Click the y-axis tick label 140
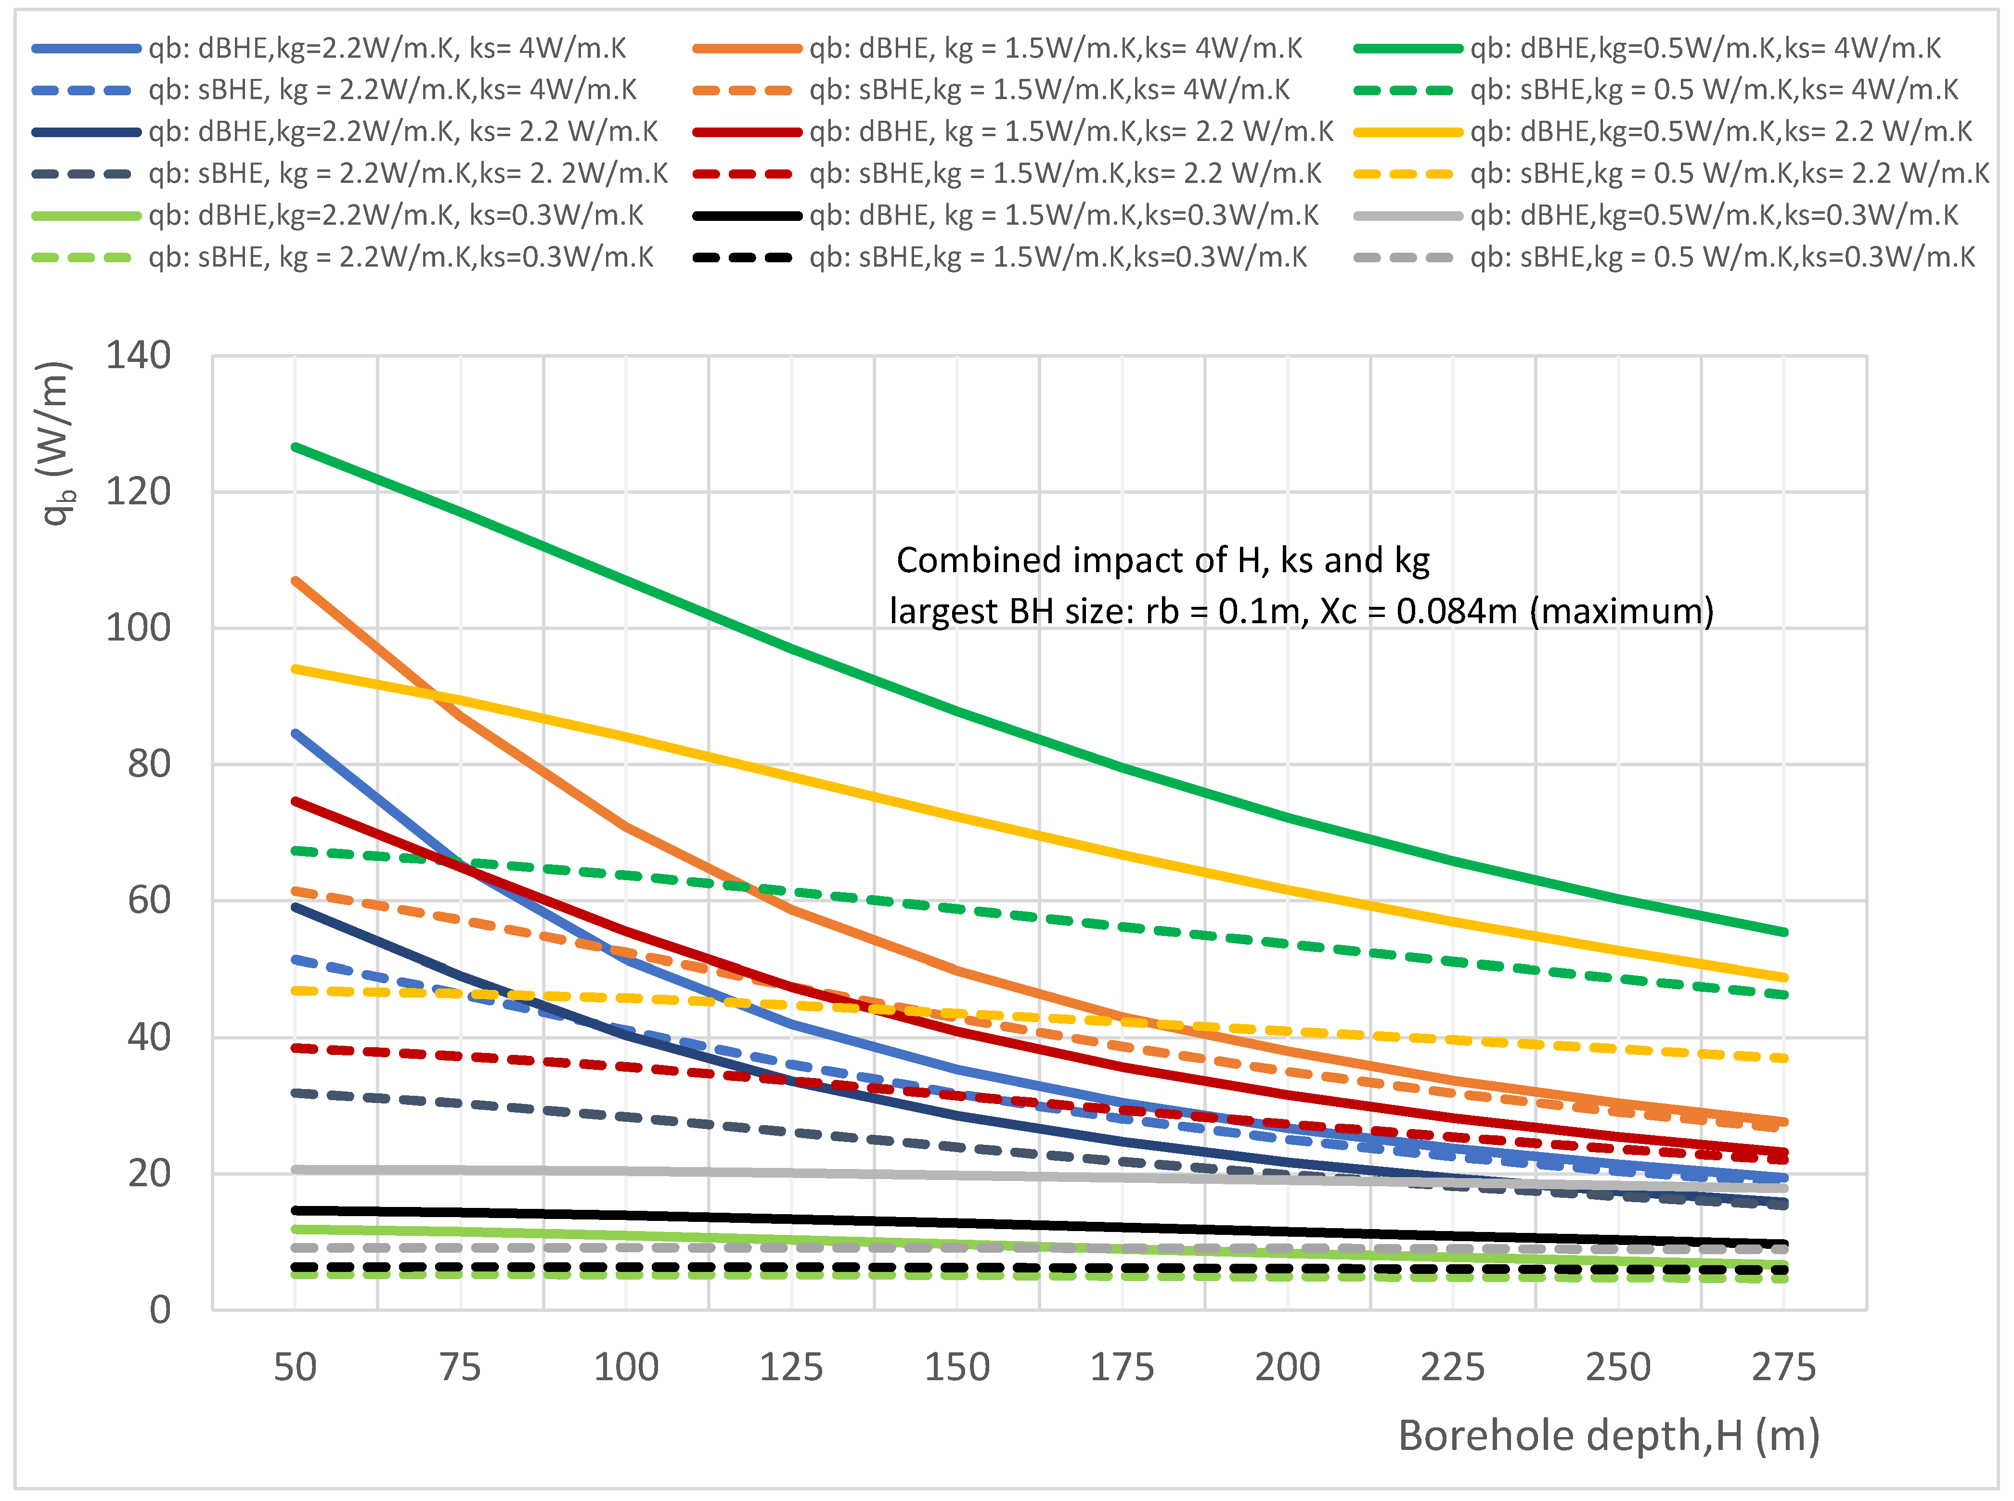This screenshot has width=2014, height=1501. (x=138, y=356)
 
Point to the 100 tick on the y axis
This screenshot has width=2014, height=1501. (x=138, y=628)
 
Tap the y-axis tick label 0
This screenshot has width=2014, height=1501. (x=160, y=1310)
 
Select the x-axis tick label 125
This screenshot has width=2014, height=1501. (x=791, y=1367)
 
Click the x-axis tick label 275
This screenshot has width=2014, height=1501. (x=1783, y=1367)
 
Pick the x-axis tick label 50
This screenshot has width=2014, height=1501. (x=296, y=1367)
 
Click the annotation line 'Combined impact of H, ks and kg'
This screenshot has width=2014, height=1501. (x=1162, y=561)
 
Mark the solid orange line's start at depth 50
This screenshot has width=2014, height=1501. (x=296, y=580)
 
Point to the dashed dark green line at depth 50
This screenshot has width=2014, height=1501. (x=296, y=850)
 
